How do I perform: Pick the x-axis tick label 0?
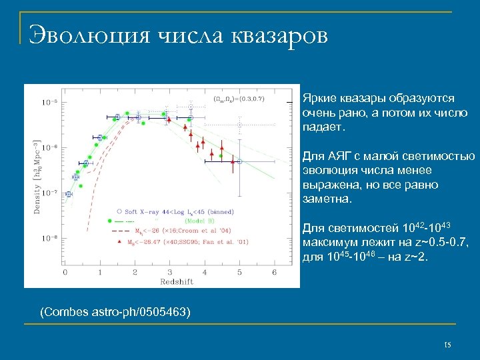(x=65, y=272)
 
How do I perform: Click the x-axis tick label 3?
(x=170, y=272)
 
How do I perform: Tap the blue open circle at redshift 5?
(x=240, y=161)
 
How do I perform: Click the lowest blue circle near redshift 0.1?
(x=68, y=194)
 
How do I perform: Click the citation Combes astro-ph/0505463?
(x=115, y=311)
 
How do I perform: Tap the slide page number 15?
(x=447, y=343)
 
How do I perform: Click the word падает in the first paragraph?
(x=323, y=126)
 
